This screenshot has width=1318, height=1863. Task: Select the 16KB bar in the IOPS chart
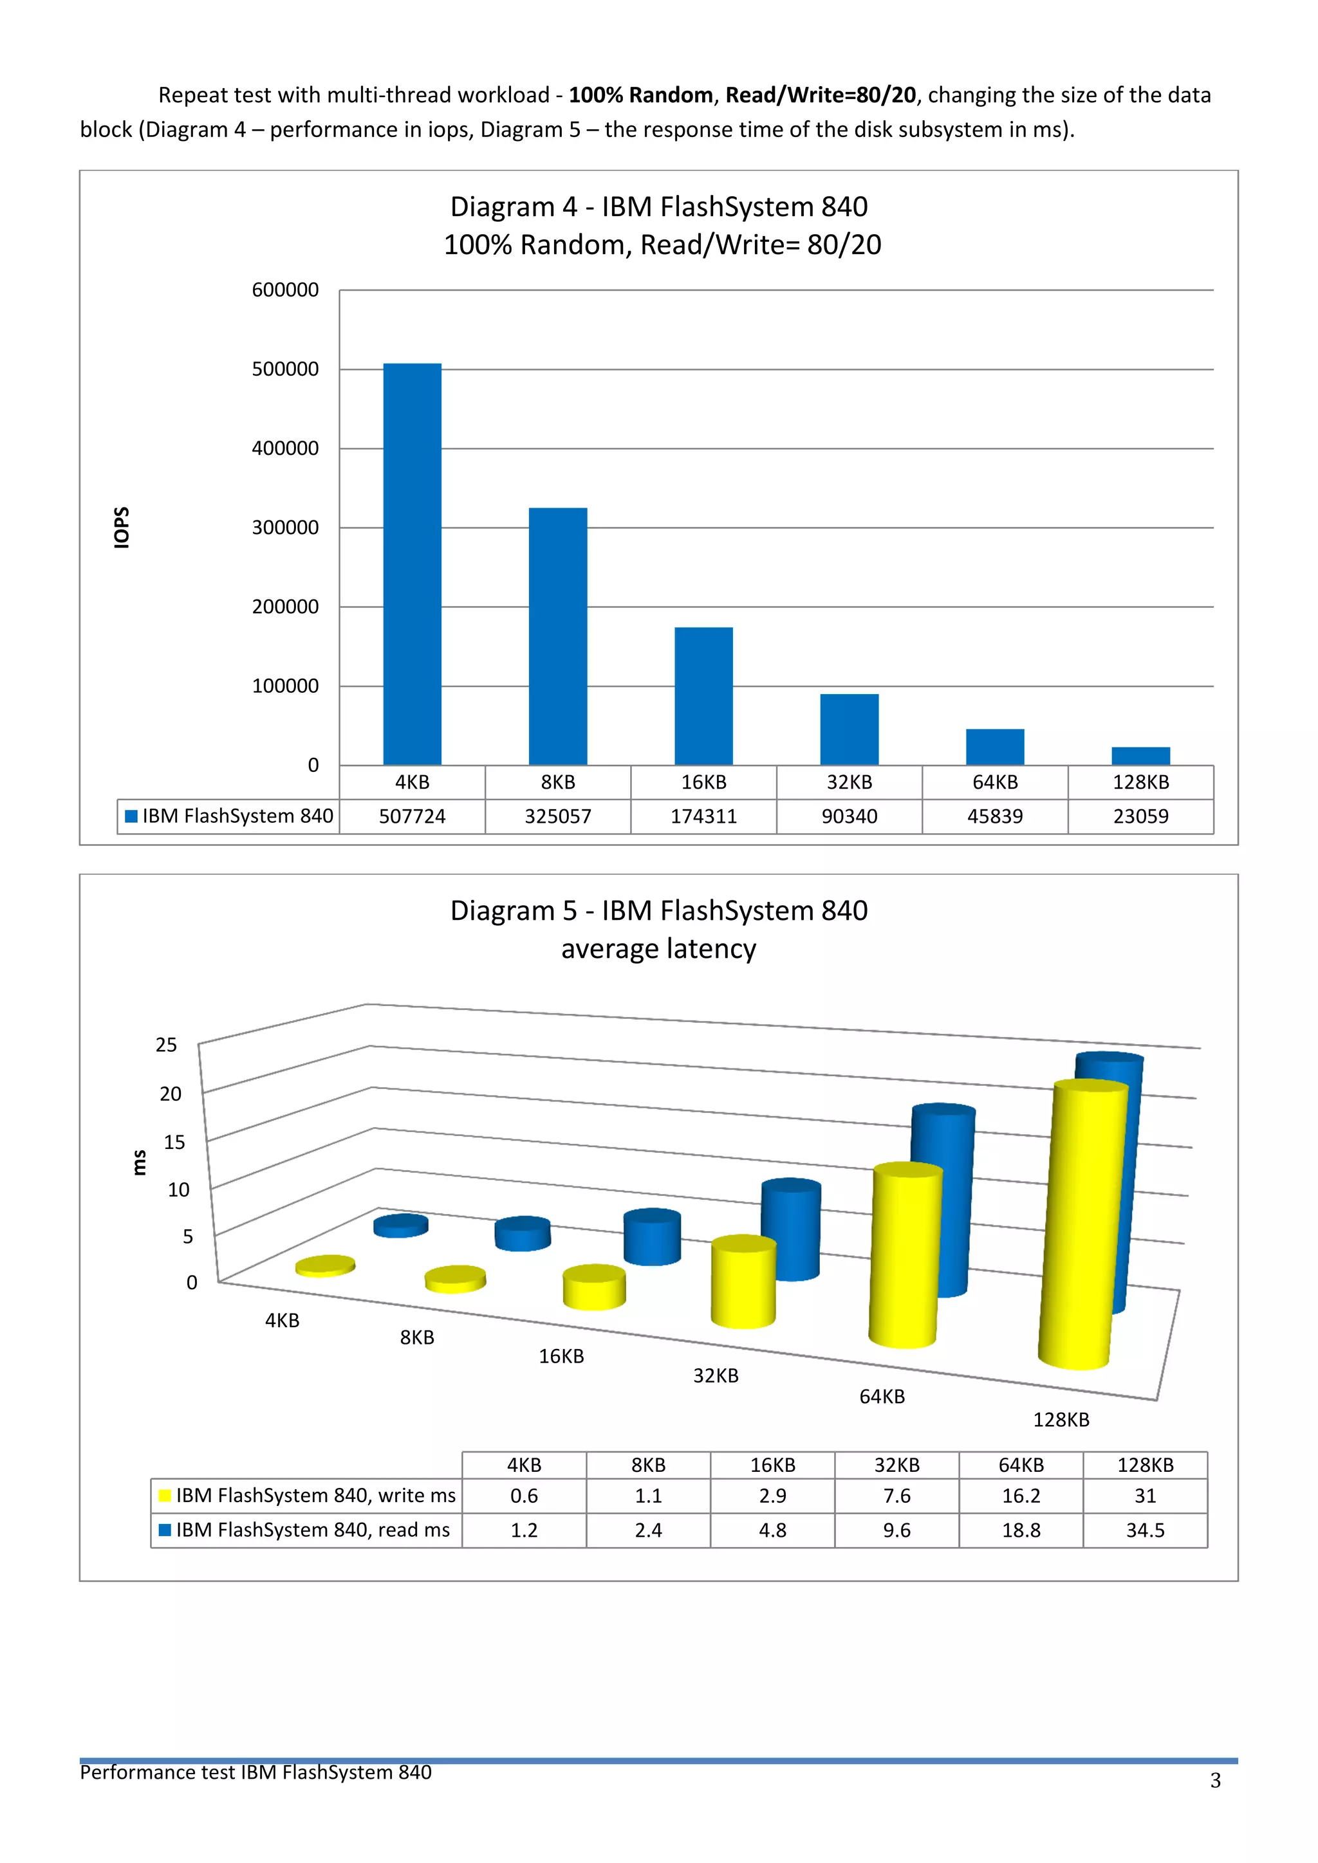(703, 695)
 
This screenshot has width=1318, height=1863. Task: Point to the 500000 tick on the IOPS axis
(285, 369)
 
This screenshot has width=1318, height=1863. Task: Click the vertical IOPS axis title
(122, 528)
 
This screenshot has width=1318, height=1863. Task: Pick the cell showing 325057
(557, 816)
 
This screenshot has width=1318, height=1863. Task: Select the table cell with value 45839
(994, 816)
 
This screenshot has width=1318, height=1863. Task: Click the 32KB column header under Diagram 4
(849, 782)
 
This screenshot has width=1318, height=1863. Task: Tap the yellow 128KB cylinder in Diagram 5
(1084, 1225)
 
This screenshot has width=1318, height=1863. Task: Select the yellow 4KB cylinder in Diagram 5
(326, 1266)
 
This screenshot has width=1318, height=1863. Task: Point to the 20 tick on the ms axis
(171, 1094)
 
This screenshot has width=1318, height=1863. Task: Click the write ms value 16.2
(1020, 1496)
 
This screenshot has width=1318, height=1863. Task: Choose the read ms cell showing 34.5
(1144, 1530)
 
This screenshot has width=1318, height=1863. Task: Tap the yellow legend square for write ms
(165, 1496)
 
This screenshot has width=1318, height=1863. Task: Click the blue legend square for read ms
(165, 1530)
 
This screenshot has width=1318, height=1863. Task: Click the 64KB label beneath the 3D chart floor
(882, 1397)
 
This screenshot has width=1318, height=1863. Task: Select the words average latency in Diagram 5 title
(658, 948)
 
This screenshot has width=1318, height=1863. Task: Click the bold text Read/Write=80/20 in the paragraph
(820, 95)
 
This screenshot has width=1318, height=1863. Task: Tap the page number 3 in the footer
(1215, 1780)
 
